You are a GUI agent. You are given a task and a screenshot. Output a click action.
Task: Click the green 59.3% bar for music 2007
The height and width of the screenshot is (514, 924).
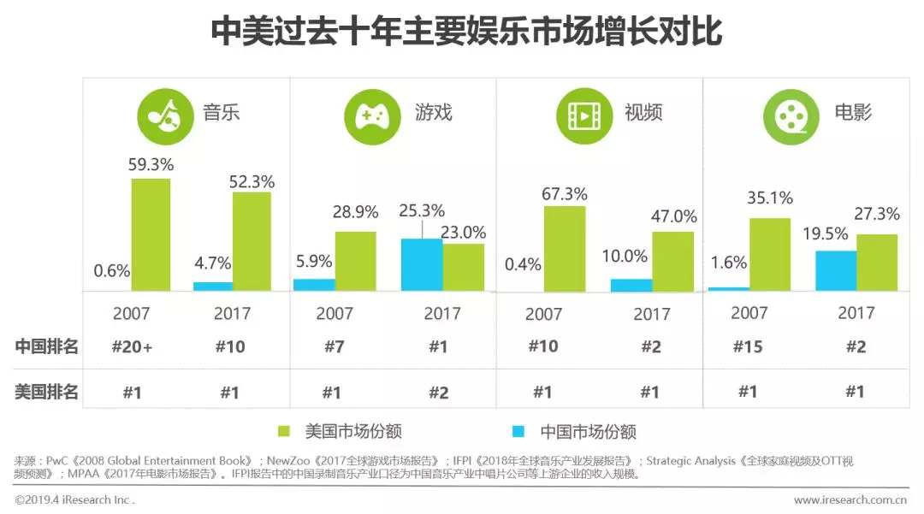151,234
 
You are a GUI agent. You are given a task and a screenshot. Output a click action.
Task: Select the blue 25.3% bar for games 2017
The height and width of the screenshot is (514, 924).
422,265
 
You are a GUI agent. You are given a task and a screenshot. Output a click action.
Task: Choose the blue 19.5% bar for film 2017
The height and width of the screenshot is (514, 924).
836,271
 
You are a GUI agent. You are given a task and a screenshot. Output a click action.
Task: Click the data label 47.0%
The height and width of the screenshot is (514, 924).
674,216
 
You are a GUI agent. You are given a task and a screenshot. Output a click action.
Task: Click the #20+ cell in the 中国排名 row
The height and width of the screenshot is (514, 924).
133,346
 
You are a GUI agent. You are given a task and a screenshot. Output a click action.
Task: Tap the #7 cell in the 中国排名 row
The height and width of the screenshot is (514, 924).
335,346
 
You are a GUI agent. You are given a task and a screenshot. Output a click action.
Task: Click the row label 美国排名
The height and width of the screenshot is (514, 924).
47,392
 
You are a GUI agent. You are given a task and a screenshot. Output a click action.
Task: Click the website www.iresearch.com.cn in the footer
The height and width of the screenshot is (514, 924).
850,499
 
